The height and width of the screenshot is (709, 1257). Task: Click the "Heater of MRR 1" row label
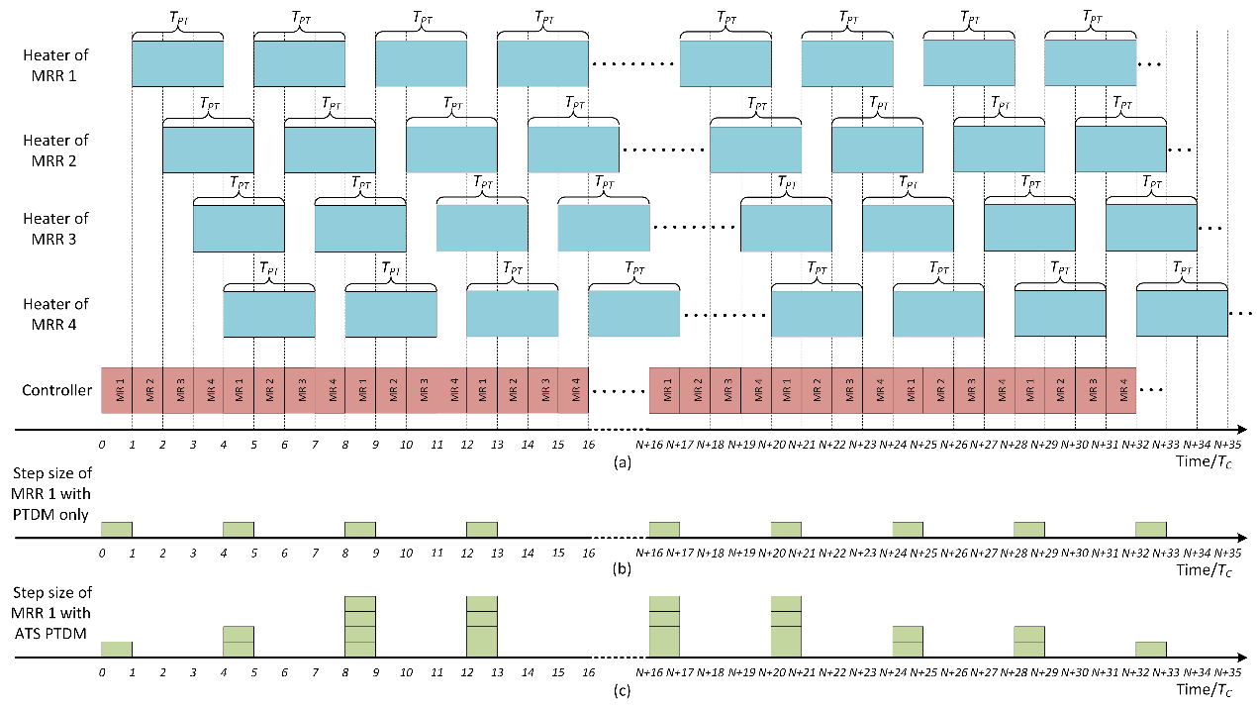(56, 63)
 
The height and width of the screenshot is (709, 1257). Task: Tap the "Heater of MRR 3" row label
(56, 228)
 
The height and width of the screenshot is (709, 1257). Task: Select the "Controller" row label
(56, 390)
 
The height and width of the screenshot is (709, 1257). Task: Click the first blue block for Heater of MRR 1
(177, 63)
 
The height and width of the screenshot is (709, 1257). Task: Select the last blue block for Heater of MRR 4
(1182, 314)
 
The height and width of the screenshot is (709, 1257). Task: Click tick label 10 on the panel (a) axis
(406, 445)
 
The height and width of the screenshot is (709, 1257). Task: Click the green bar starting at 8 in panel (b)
(359, 530)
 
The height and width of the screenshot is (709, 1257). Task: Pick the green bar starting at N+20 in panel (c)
(786, 627)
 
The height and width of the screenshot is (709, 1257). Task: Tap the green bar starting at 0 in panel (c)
(117, 650)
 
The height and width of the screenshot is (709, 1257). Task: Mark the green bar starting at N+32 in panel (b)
(1150, 530)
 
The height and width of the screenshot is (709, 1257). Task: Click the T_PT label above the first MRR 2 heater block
(209, 103)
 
